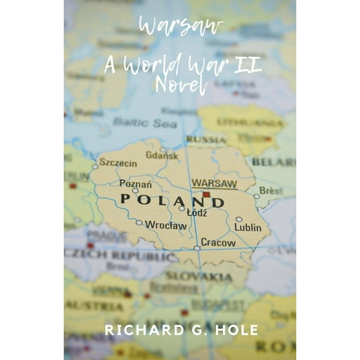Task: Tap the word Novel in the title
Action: point(180,86)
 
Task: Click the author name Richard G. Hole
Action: point(181,330)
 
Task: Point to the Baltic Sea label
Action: point(145,123)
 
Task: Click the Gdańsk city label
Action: point(162,155)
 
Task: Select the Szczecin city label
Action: point(118,163)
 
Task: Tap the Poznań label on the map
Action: point(136,184)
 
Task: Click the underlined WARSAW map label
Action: point(214,183)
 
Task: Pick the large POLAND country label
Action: point(171,201)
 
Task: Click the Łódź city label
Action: point(196,213)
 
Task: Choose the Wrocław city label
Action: point(166,225)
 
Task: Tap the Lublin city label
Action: point(248,227)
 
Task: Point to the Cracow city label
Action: point(218,242)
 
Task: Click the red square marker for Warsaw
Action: point(206,195)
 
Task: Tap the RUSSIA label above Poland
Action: point(206,139)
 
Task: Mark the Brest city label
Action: point(271,190)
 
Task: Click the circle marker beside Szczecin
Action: point(96,166)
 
